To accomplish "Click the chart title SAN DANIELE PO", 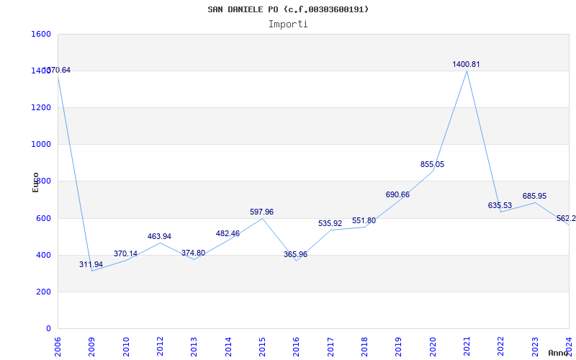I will point(288,9).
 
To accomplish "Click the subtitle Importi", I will point(288,24).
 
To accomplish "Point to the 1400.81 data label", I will point(466,64).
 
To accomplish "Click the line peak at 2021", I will point(467,71).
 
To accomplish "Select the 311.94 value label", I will point(91,264).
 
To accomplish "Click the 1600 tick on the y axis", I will point(41,34).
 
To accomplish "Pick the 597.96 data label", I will point(261,212).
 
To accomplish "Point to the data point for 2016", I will point(296,261).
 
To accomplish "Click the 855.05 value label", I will point(432,164).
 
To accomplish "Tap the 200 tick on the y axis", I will point(44,292).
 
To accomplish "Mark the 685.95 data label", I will point(534,196).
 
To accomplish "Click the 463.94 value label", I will point(159,236).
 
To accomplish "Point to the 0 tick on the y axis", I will point(48,328).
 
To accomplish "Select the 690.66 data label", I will point(398,194).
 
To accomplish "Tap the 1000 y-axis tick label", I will point(41,144).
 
